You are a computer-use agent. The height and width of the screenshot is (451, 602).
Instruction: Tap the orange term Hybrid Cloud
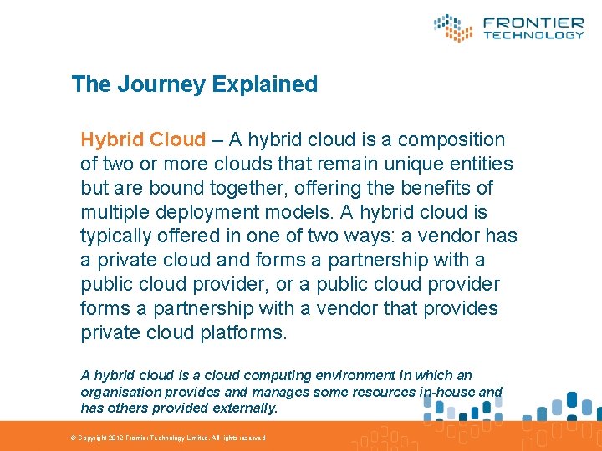pyautogui.click(x=143, y=139)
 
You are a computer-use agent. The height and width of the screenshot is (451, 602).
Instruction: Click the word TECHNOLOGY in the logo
pyautogui.click(x=533, y=35)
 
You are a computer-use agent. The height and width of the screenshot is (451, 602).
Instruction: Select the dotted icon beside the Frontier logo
pyautogui.click(x=453, y=28)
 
